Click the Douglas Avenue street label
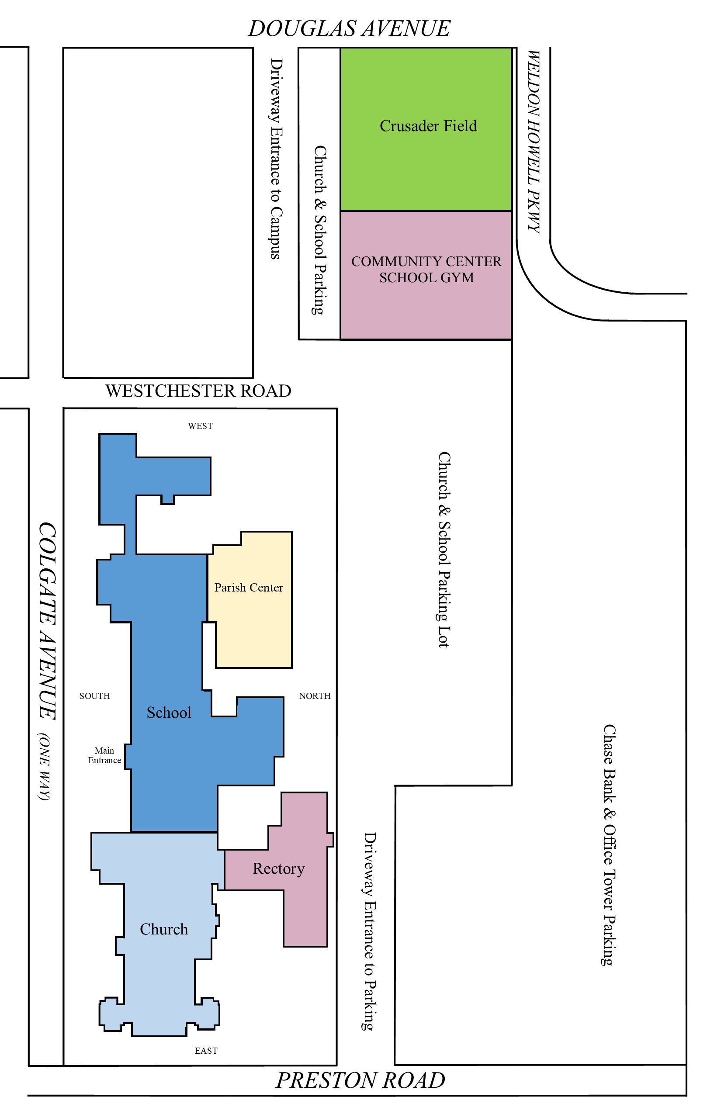[349, 28]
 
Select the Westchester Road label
[198, 391]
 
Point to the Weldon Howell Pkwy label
[534, 142]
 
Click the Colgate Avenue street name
[47, 621]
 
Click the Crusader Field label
[428, 126]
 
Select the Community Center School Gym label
[426, 269]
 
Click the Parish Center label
[249, 588]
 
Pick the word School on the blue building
[169, 713]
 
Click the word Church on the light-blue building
[164, 929]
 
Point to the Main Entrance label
[104, 755]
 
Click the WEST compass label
[201, 426]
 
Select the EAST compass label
[206, 1051]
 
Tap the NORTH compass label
[315, 696]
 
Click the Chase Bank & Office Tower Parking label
[608, 845]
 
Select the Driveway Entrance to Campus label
[276, 159]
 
